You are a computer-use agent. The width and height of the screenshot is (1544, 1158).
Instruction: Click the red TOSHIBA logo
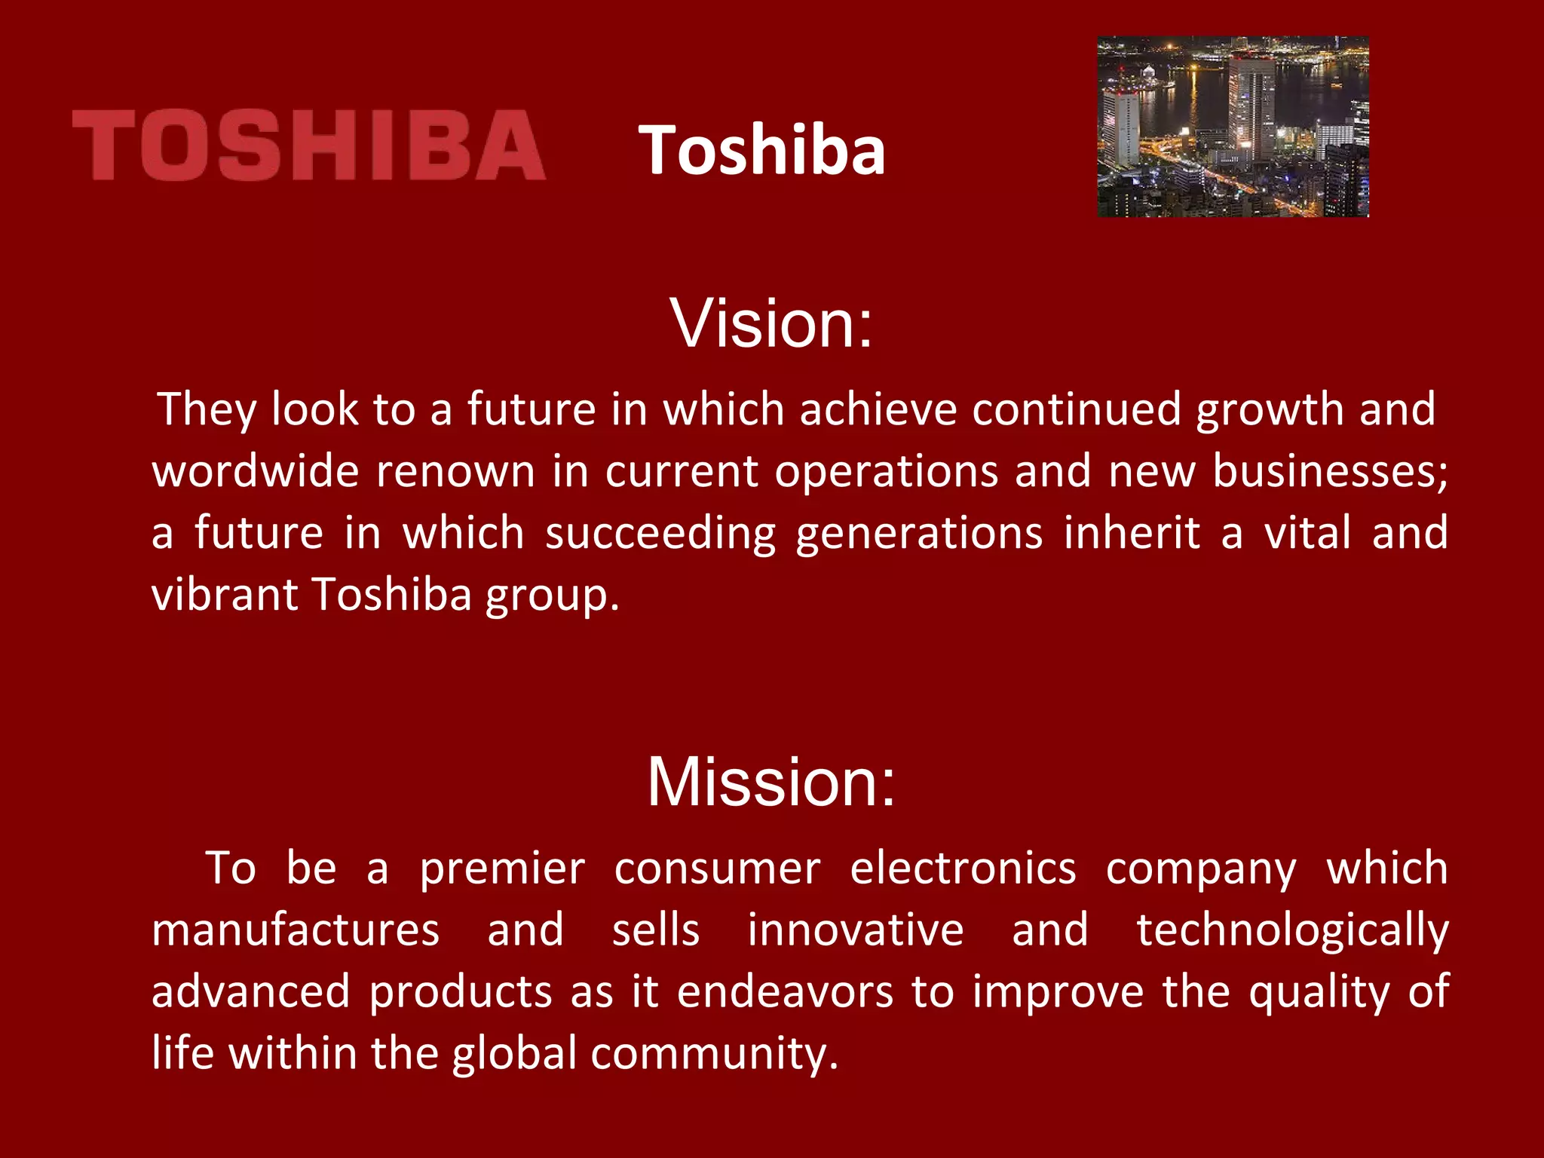[x=308, y=145]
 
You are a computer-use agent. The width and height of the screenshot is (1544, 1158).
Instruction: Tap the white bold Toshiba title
[x=762, y=150]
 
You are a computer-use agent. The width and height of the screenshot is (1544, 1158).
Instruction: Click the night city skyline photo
[x=1233, y=127]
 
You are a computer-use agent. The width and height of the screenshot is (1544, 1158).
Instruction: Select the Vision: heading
[x=771, y=323]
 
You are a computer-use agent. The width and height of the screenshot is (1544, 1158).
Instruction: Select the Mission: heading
[x=771, y=782]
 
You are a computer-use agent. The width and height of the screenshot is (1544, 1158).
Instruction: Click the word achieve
[x=878, y=409]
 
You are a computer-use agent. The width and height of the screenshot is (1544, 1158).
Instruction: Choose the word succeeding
[x=660, y=535]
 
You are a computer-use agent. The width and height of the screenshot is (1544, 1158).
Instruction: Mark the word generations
[x=919, y=535]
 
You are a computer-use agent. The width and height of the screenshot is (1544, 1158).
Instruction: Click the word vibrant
[x=224, y=595]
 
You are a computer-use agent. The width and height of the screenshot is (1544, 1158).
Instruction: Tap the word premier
[x=502, y=868]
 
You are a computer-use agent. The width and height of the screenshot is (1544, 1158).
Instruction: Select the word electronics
[x=963, y=868]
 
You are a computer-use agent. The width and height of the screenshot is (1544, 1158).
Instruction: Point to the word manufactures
[x=296, y=930]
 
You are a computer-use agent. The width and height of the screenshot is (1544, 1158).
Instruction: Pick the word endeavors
[x=785, y=991]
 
